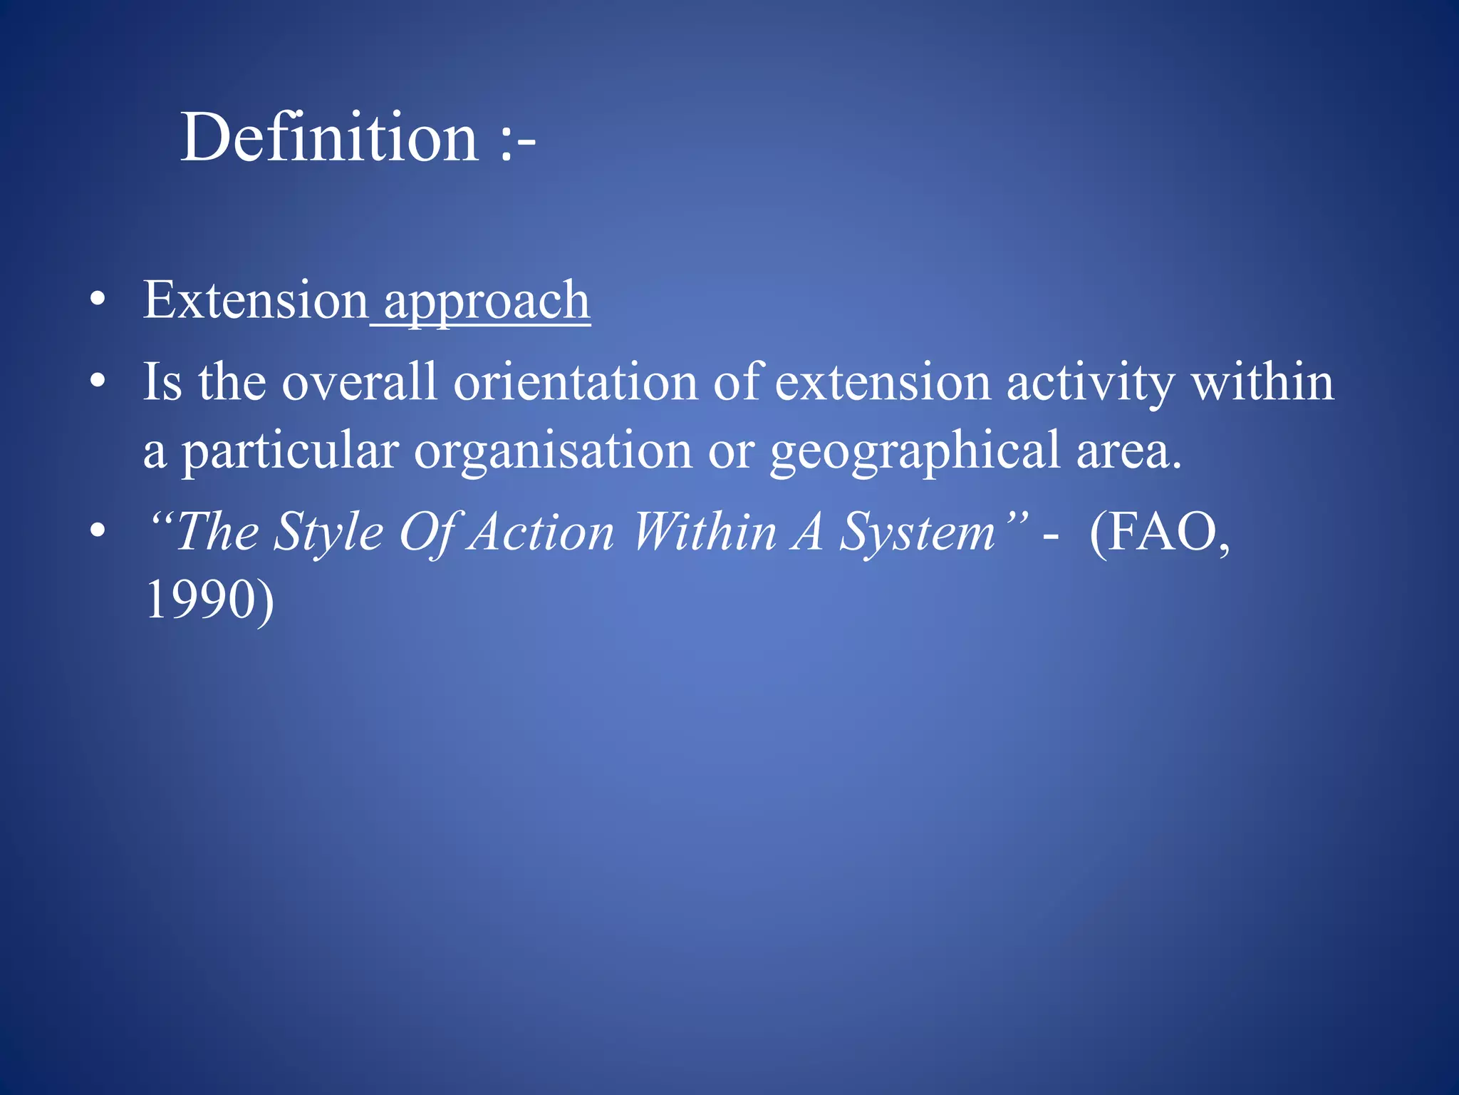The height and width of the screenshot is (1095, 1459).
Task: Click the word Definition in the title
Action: coord(329,137)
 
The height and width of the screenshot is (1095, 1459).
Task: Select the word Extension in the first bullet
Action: coord(255,300)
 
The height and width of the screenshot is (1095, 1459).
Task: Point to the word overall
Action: coord(359,382)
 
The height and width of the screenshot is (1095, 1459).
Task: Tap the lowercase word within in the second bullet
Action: coord(1262,382)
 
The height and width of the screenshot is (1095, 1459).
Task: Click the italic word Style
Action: coord(328,533)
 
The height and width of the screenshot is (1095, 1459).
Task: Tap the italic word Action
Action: coord(543,533)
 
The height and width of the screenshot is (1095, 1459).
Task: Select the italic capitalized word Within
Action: coord(704,533)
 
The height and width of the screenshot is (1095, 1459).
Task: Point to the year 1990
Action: coord(200,600)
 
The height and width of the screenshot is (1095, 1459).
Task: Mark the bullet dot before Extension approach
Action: coord(98,301)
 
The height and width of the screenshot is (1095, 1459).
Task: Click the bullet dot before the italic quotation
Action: coord(98,531)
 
